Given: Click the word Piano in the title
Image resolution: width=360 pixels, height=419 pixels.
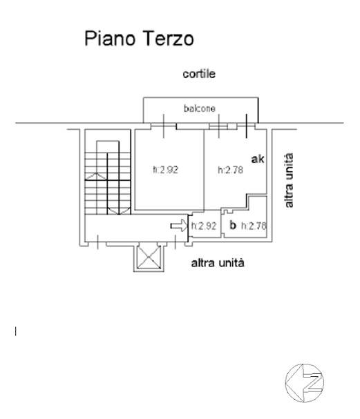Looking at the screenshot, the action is (x=110, y=39).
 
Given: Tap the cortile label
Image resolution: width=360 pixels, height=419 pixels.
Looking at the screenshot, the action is (x=199, y=74).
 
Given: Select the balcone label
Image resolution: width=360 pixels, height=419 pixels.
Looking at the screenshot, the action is (x=200, y=108).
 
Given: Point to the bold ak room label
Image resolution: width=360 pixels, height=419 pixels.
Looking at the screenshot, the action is (x=258, y=159).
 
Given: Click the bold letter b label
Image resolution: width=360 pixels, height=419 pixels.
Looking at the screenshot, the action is (x=233, y=225).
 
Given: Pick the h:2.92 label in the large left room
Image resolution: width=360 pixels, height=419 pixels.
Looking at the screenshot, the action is (x=166, y=170).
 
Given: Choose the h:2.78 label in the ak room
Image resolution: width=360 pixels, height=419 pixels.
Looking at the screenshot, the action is (x=231, y=170).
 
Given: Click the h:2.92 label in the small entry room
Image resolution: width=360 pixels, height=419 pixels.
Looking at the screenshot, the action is (x=204, y=226).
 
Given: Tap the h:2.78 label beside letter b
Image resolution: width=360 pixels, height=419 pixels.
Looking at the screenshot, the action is (x=254, y=226).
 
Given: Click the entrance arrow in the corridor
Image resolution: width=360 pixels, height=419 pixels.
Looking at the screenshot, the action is (x=179, y=225).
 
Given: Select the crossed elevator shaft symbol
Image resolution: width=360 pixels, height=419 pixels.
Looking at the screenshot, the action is (x=149, y=257).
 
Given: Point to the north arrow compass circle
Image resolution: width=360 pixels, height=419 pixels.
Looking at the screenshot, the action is (x=305, y=382).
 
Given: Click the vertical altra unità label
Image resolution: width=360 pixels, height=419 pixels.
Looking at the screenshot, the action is (x=289, y=180).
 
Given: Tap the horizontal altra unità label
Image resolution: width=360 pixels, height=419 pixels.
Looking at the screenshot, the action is (x=218, y=263).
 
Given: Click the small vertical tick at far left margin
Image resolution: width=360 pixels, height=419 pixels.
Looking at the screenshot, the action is (x=15, y=331).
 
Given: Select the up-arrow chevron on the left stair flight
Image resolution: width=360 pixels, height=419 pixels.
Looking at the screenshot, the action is (x=95, y=176).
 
